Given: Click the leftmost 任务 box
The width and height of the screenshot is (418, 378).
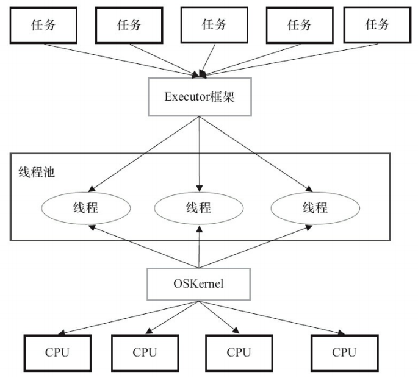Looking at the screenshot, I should click(x=43, y=26).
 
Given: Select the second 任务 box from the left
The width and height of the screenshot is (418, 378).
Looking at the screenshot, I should click(x=128, y=26).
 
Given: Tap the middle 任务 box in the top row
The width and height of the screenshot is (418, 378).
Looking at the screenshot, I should click(x=214, y=26).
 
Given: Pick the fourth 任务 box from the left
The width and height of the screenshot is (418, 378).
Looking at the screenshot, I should click(x=299, y=26).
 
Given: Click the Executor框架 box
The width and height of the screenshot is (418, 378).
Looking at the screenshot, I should click(x=200, y=96).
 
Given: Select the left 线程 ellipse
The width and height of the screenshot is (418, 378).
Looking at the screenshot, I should click(x=85, y=207).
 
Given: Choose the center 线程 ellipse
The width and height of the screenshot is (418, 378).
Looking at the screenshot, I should click(x=200, y=207).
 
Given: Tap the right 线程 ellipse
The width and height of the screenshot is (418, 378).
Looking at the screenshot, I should click(x=315, y=207).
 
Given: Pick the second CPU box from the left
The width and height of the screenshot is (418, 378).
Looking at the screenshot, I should click(x=145, y=352).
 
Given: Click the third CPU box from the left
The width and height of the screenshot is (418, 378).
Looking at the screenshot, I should click(x=239, y=352).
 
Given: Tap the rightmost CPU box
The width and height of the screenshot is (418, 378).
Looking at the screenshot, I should click(x=344, y=352).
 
